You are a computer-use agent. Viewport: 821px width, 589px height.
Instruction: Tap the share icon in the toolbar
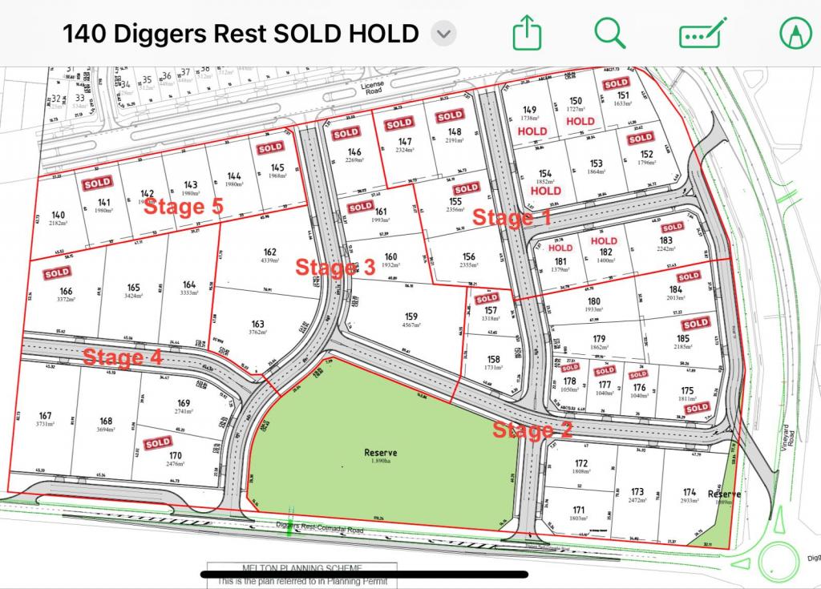tap(527, 34)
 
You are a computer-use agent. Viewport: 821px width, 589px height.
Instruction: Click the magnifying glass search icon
tap(610, 33)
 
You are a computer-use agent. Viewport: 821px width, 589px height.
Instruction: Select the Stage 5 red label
tap(183, 206)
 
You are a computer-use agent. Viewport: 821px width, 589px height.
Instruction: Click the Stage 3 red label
tap(335, 267)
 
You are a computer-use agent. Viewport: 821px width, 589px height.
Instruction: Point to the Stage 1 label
tap(512, 217)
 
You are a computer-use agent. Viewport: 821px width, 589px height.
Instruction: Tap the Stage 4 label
tap(123, 357)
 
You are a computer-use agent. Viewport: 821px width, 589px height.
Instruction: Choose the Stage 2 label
tap(532, 430)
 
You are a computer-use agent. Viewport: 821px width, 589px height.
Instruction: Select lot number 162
tap(269, 251)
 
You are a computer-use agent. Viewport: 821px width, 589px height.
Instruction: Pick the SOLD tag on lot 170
tap(158, 442)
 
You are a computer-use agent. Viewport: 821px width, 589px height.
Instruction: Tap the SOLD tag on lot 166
tap(57, 273)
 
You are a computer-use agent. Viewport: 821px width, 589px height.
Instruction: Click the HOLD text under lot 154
tap(545, 192)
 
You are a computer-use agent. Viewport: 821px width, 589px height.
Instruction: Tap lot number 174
tap(689, 492)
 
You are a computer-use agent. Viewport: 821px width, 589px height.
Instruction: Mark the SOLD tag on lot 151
tap(616, 83)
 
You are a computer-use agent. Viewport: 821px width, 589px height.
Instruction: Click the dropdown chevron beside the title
tap(443, 34)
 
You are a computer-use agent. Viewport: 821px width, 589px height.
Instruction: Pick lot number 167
tap(45, 416)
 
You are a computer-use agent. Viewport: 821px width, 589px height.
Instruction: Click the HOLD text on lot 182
tap(604, 240)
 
